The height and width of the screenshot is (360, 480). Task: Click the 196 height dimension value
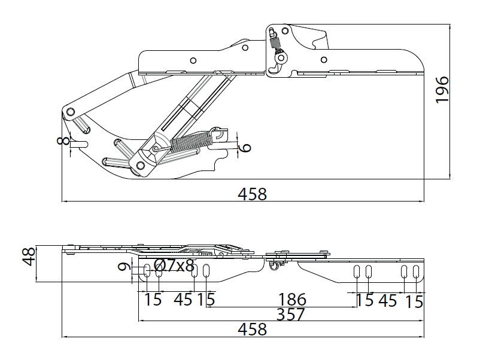pos(442,90)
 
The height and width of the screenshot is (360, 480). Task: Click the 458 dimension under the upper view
pos(253,194)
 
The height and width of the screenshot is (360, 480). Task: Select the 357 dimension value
pos(290,314)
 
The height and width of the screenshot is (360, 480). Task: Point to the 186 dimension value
pos(292,300)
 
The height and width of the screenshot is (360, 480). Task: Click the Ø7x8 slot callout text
pos(174,265)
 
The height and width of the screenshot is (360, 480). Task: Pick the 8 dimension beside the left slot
pos(63,141)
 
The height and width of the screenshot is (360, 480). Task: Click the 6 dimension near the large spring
pos(245,148)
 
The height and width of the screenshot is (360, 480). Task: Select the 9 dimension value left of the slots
pos(124,267)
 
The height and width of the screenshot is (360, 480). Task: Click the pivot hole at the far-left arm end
pos(71,111)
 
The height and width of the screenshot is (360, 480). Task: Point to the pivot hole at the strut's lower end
pos(140,166)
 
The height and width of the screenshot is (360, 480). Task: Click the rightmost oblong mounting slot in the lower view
pos(416,271)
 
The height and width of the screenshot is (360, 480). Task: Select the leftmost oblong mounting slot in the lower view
pos(147,271)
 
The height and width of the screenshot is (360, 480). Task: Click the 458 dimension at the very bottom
pos(253,330)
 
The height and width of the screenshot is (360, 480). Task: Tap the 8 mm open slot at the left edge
pos(79,144)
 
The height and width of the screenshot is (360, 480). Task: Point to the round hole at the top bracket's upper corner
pos(285,30)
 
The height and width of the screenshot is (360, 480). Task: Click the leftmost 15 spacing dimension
pos(153,300)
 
